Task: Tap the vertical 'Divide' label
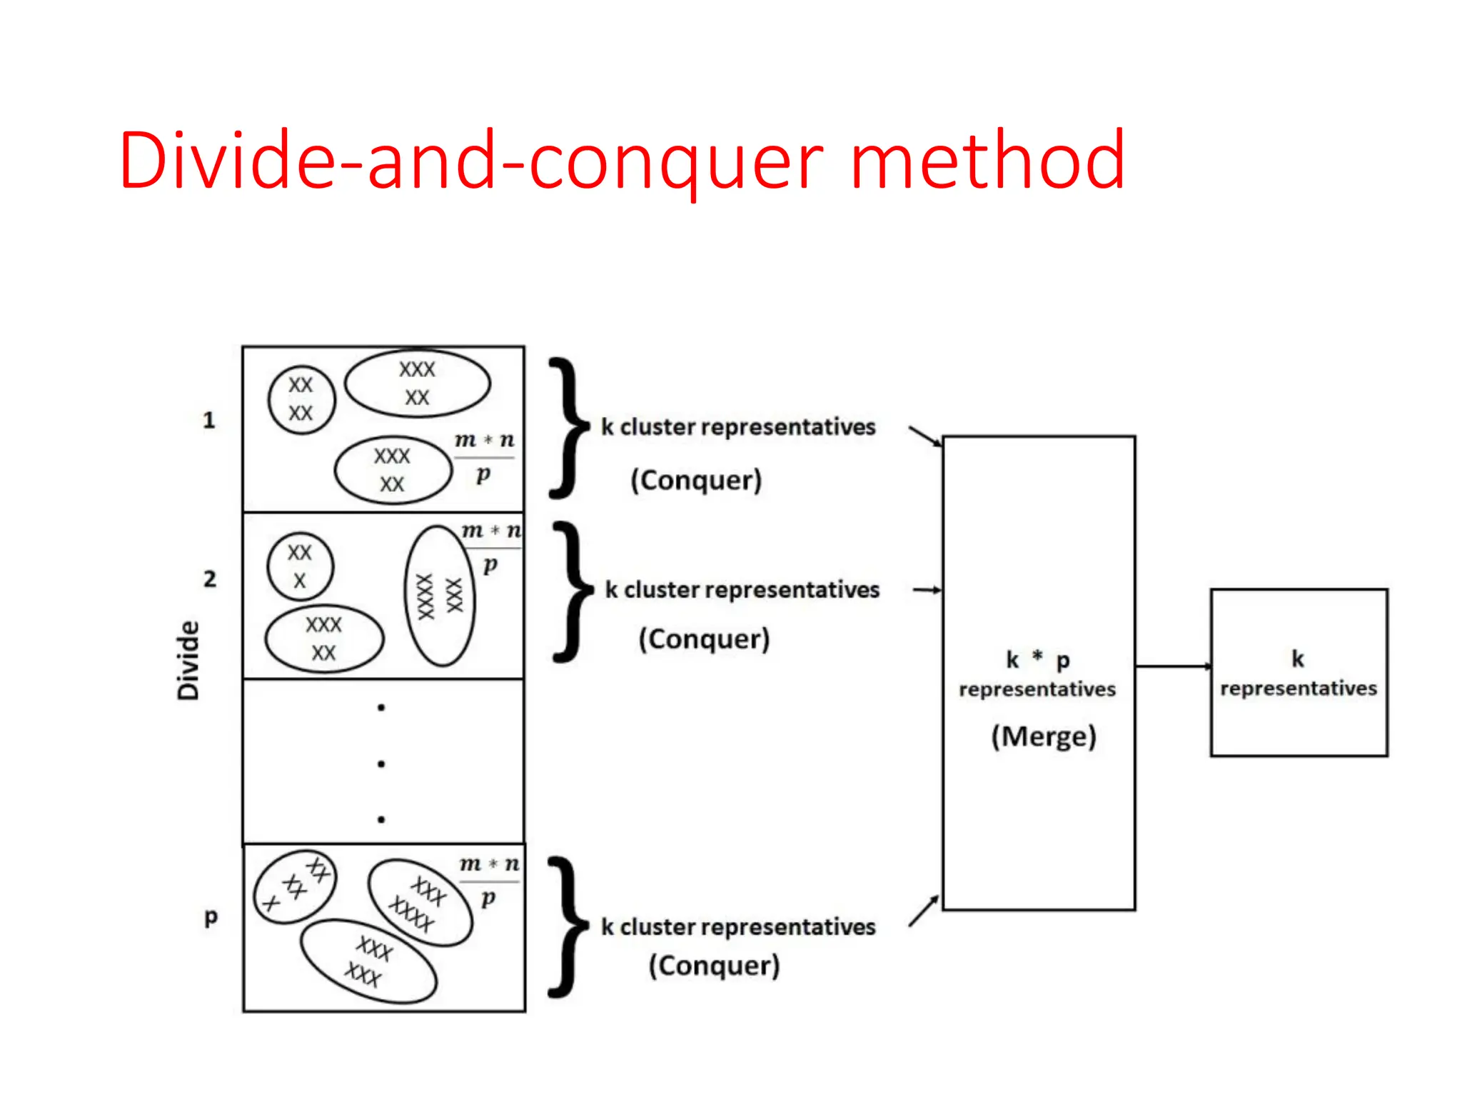[188, 660]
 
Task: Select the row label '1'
[208, 420]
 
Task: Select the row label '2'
[209, 578]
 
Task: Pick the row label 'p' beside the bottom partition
[211, 917]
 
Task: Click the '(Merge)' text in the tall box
[1043, 736]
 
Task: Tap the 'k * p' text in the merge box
[1037, 659]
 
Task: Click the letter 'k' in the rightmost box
[1298, 658]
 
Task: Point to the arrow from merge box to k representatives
[1172, 666]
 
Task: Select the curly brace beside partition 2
[573, 591]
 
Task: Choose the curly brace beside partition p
[569, 926]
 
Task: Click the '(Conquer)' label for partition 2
[704, 638]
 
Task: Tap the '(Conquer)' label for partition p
[714, 966]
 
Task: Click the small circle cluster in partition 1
[301, 400]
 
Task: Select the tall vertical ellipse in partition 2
[440, 596]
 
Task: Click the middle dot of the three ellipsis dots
[381, 763]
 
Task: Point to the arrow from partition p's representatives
[924, 911]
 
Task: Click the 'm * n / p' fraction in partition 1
[485, 456]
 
